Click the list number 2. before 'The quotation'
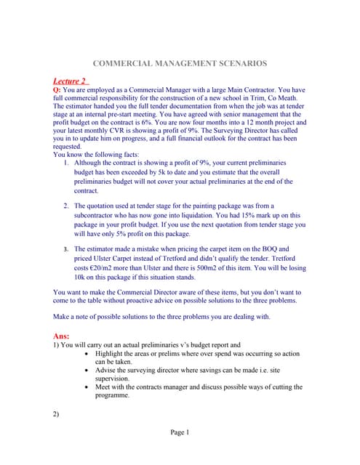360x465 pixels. pos(68,206)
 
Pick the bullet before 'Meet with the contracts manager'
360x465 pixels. pos(87,387)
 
